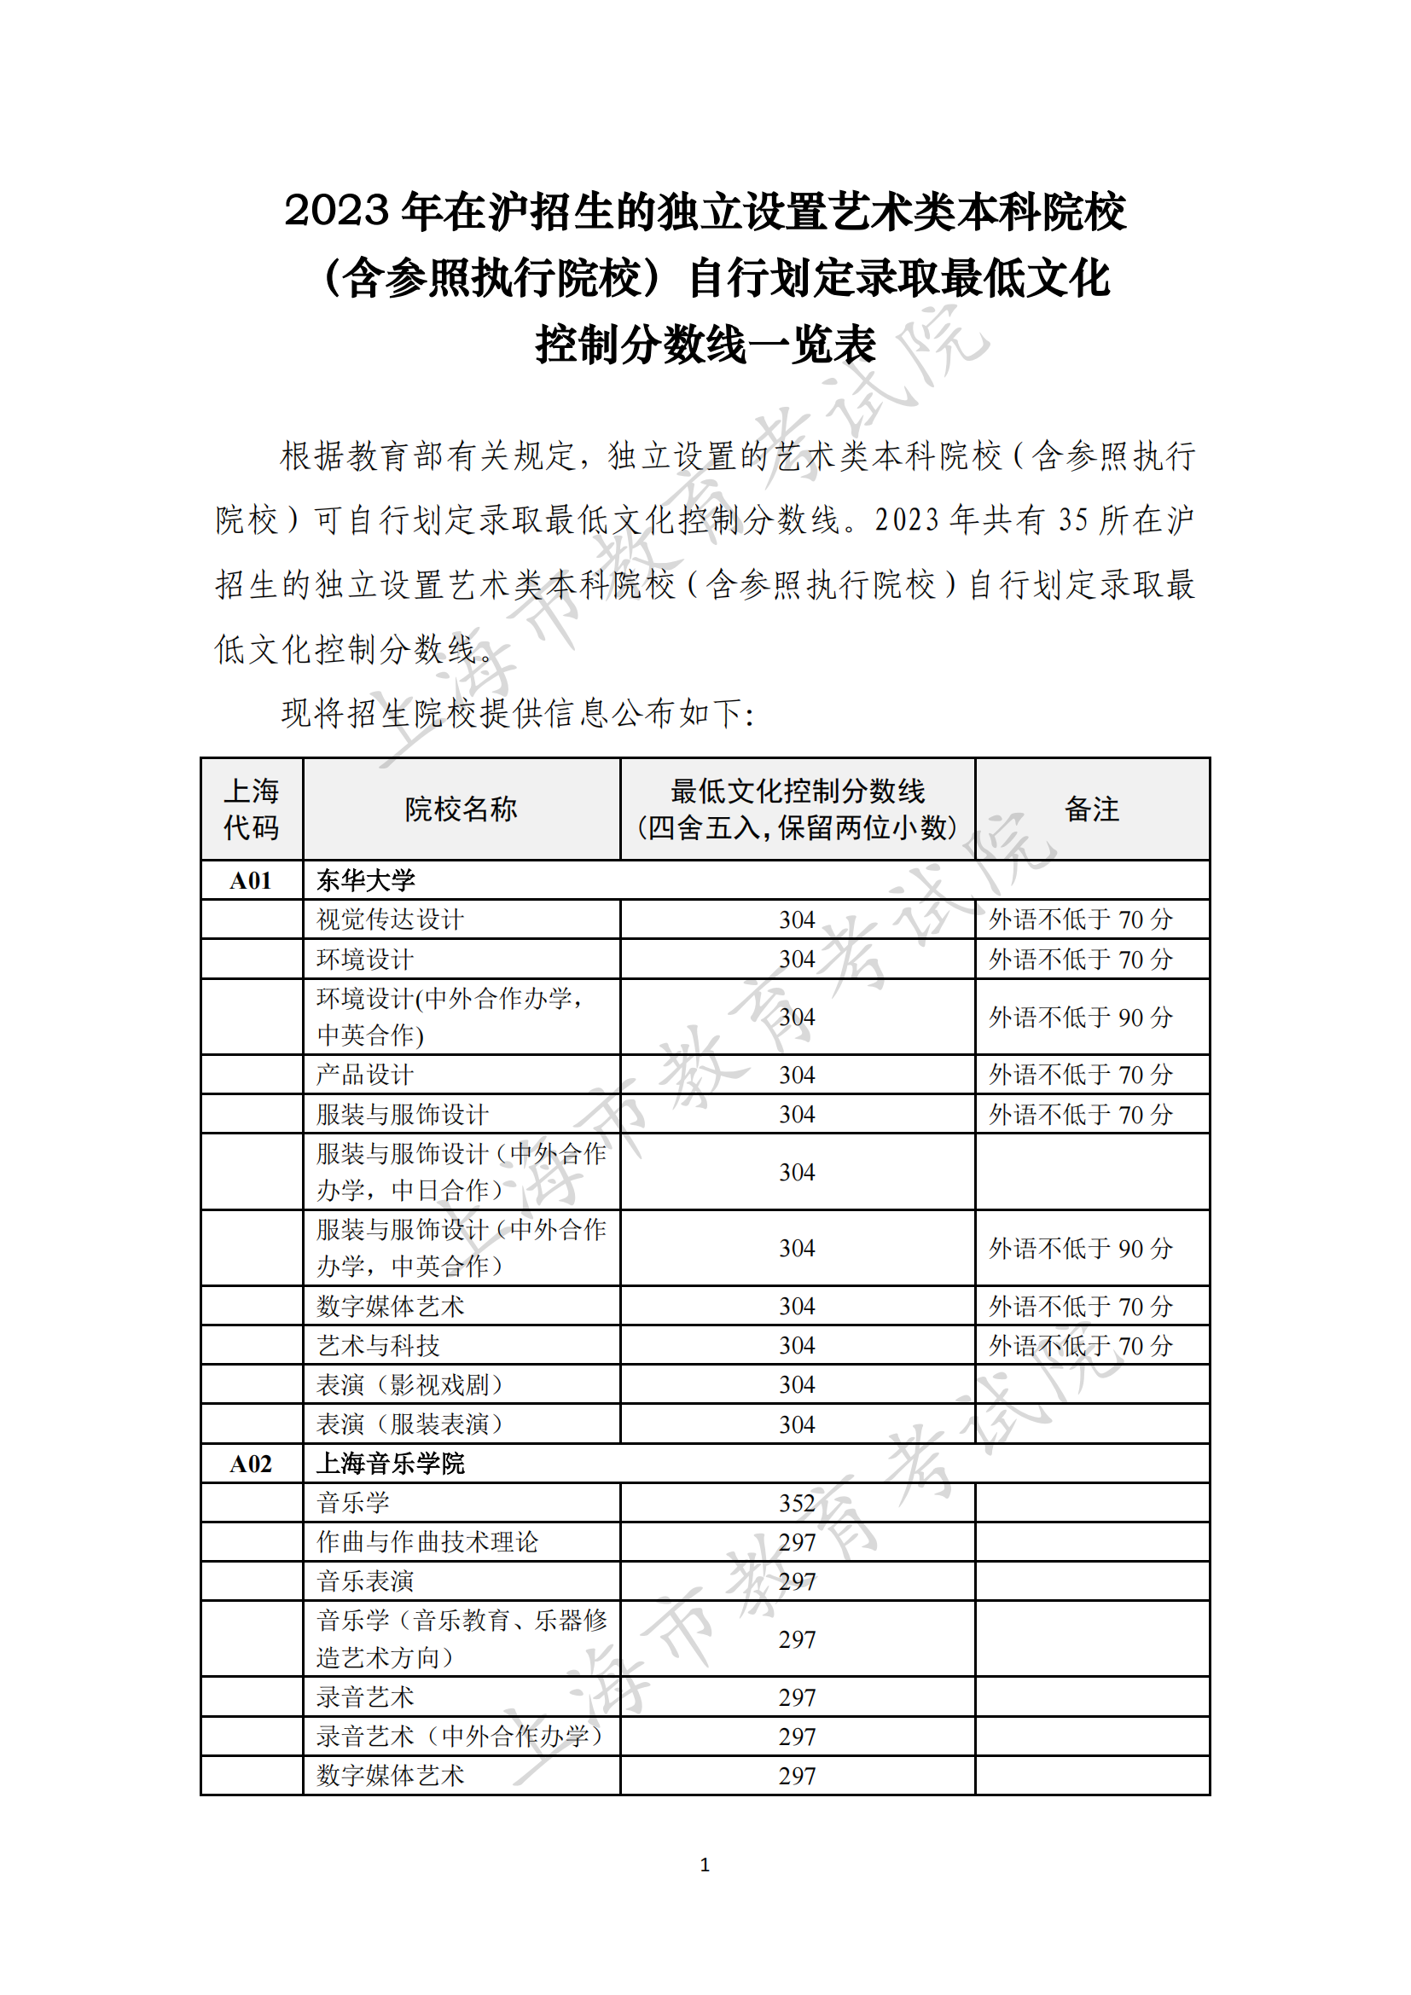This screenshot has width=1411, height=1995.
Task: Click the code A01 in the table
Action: coord(250,880)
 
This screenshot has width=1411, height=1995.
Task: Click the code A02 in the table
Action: coord(250,1464)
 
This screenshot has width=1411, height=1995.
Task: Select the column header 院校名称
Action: coord(461,809)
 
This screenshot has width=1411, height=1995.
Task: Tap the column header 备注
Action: coord(1091,809)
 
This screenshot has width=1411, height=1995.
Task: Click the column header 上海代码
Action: coord(251,809)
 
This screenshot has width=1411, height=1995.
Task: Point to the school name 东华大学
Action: coord(366,880)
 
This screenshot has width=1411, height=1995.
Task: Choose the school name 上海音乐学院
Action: coord(391,1464)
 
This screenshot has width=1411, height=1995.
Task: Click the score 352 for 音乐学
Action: coord(797,1503)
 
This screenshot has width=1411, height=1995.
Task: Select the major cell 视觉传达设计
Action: coord(390,919)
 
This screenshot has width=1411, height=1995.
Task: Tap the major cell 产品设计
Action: coord(365,1075)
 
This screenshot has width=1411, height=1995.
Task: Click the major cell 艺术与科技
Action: coord(378,1346)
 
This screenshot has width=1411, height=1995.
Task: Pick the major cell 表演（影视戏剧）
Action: coord(409,1385)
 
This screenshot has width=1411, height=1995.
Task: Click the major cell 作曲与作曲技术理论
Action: coord(427,1542)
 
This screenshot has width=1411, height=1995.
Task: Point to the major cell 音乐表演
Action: coord(365,1581)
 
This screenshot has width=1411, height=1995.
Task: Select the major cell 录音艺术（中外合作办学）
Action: coord(459,1737)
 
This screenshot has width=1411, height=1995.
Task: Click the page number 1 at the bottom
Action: coord(705,1865)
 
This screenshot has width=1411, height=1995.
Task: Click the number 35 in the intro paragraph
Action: coord(1072,519)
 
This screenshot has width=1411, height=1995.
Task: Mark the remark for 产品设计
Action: coord(1081,1075)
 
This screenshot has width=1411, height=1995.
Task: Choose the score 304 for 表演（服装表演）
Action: coord(797,1424)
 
